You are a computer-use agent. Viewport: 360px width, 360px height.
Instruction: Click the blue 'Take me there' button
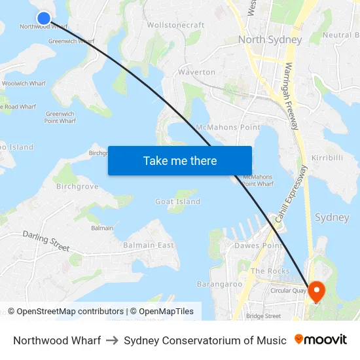[180, 160]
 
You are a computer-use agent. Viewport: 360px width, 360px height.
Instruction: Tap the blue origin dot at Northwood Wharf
[43, 18]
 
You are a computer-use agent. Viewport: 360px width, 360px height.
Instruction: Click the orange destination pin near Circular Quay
[315, 291]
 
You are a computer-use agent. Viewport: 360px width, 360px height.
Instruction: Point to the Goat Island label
[177, 202]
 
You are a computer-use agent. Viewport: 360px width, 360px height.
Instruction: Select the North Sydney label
[270, 39]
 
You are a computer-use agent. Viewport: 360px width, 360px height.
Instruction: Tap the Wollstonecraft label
[175, 25]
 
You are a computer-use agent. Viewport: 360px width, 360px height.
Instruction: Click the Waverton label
[196, 72]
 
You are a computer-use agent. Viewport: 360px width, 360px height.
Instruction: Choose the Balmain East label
[149, 245]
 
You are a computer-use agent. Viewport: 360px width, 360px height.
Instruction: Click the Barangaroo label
[219, 284]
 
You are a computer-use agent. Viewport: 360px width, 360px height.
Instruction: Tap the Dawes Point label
[258, 245]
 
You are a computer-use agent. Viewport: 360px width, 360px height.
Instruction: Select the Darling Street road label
[46, 240]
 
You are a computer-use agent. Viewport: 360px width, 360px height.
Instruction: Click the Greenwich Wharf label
[71, 41]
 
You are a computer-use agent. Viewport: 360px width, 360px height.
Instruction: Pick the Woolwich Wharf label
[24, 84]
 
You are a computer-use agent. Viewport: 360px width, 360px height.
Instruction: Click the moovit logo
[320, 340]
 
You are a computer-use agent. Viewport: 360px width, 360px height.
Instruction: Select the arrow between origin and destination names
[112, 340]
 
